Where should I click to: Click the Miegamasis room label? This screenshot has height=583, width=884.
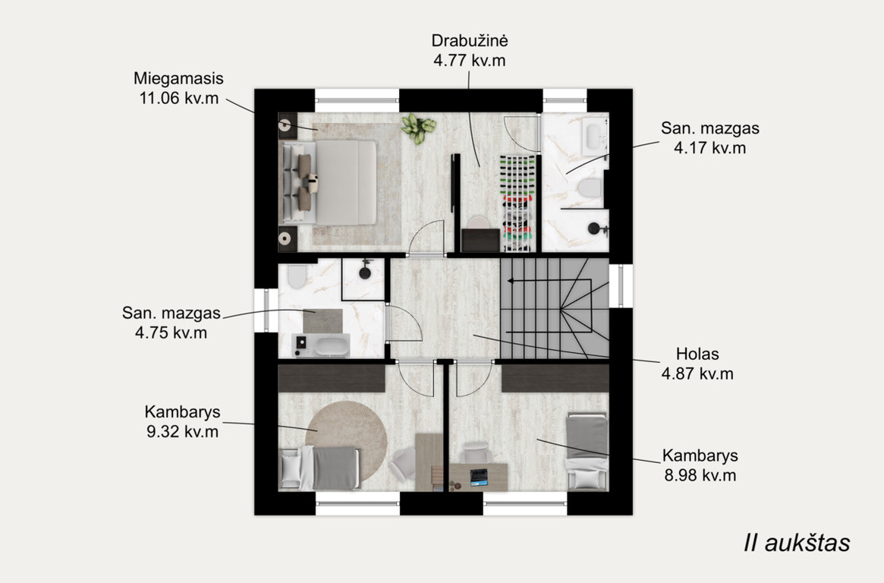[x=178, y=78]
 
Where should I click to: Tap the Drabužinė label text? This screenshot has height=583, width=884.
[x=470, y=40]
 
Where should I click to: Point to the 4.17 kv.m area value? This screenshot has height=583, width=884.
[x=709, y=148]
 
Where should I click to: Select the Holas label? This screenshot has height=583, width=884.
[x=697, y=354]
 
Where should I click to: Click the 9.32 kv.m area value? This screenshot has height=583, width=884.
[x=182, y=432]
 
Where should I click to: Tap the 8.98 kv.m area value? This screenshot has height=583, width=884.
[x=700, y=476]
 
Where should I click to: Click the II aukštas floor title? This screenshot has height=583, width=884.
[x=797, y=543]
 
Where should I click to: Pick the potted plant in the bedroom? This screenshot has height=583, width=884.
[x=418, y=128]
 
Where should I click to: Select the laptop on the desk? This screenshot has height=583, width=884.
[x=479, y=477]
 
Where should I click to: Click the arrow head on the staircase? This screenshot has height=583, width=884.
[x=511, y=280]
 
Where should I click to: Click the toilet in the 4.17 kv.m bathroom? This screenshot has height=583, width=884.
[x=590, y=188]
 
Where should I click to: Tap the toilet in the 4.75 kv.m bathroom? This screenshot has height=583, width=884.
[x=297, y=276]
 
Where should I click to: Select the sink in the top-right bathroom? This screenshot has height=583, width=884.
[x=593, y=135]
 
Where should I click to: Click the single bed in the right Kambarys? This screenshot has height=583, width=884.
[x=587, y=450]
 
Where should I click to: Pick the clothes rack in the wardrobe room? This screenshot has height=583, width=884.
[x=517, y=203]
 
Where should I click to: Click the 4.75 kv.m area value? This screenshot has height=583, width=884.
[x=171, y=332]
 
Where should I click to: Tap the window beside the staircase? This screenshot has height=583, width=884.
[x=621, y=286]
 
